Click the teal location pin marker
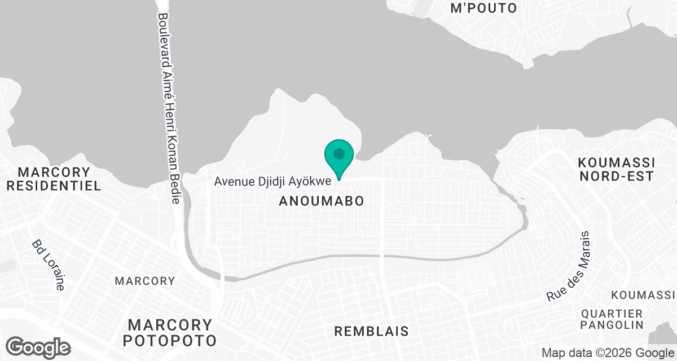[x=338, y=158]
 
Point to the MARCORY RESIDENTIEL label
[x=54, y=178]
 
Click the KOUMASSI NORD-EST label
[x=616, y=169]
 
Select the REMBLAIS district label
[x=371, y=331]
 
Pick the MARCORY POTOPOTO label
[x=170, y=333]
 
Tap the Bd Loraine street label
[x=47, y=265]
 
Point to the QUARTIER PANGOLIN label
[x=612, y=319]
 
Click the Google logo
[x=38, y=347]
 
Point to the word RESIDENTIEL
[x=54, y=185]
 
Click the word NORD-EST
[x=616, y=176]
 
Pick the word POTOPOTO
[x=170, y=341]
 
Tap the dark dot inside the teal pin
[x=338, y=153]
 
